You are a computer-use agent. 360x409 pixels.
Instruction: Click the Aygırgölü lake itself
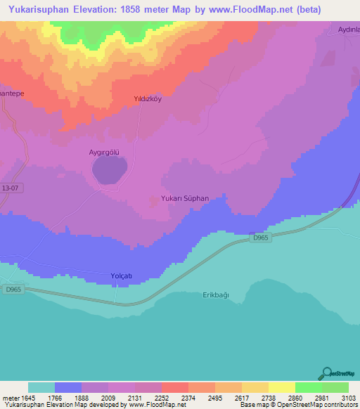coord(110,171)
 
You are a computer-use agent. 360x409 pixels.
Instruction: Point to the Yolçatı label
coord(122,275)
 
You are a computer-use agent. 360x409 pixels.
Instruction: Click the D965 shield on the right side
coord(260,238)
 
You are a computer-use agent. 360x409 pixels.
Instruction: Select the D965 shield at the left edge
coord(12,289)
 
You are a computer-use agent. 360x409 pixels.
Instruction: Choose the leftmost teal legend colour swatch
coord(41,387)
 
